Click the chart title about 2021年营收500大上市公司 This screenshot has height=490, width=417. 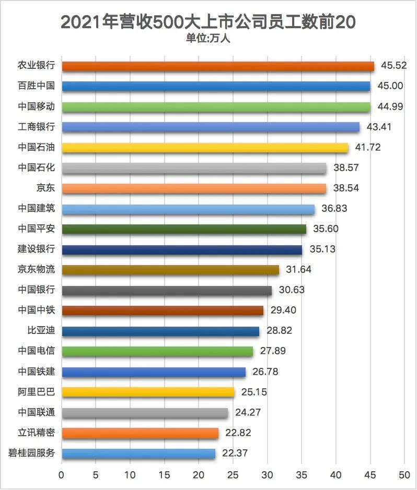tap(209, 22)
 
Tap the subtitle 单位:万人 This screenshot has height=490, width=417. tap(208, 38)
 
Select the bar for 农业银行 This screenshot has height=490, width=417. tap(218, 66)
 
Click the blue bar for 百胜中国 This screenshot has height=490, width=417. tap(216, 86)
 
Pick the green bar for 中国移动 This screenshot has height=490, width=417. tap(216, 106)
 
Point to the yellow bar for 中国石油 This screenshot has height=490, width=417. tap(205, 148)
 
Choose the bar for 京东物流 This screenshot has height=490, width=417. tap(170, 270)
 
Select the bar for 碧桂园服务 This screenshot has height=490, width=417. tap(138, 454)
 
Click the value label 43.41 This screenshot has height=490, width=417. tap(380, 127)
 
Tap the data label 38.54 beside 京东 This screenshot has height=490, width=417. tap(346, 188)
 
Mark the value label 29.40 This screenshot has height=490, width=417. tap(284, 311)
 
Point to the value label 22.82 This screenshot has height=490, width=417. tap(239, 434)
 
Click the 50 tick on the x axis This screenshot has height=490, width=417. tap(404, 475)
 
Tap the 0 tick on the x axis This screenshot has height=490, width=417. tap(62, 475)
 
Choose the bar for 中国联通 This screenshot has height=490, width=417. tap(145, 413)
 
